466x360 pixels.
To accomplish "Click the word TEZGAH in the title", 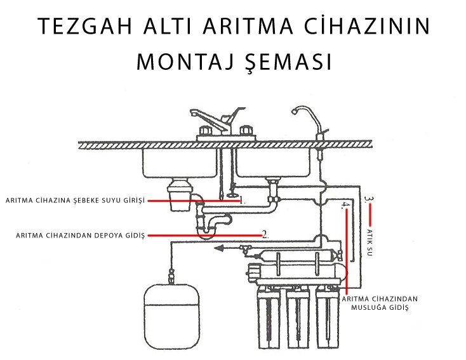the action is click(85, 26).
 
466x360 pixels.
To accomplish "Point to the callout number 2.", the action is click(265, 235).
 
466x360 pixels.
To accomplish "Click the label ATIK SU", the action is click(369, 243).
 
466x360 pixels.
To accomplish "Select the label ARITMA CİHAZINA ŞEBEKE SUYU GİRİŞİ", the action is click(75, 201).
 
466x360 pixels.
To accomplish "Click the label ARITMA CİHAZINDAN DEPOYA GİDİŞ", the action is click(80, 236).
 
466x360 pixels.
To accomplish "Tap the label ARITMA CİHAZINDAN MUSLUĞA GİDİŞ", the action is click(380, 303).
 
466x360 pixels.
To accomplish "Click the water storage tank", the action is click(172, 316).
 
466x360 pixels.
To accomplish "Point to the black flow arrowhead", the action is click(219, 248).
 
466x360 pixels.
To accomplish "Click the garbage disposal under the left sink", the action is click(180, 194).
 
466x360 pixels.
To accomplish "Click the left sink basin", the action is click(180, 163).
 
